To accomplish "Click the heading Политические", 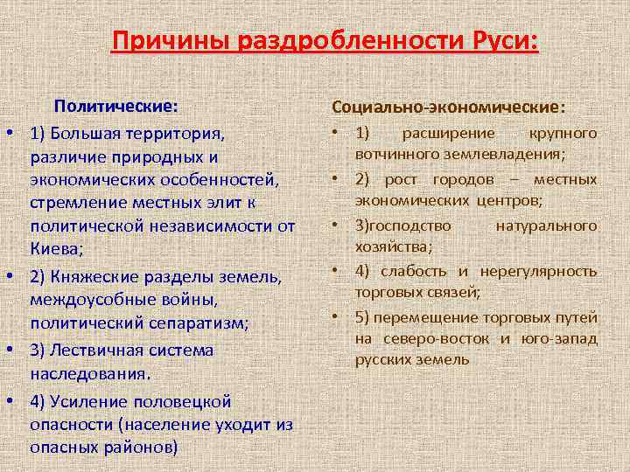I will (116, 107).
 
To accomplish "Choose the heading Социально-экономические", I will (448, 107).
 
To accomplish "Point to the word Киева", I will (55, 249).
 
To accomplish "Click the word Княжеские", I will (91, 277).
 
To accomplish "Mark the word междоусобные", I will (90, 301).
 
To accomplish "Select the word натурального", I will (546, 226).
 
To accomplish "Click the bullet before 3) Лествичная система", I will (9, 351).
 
